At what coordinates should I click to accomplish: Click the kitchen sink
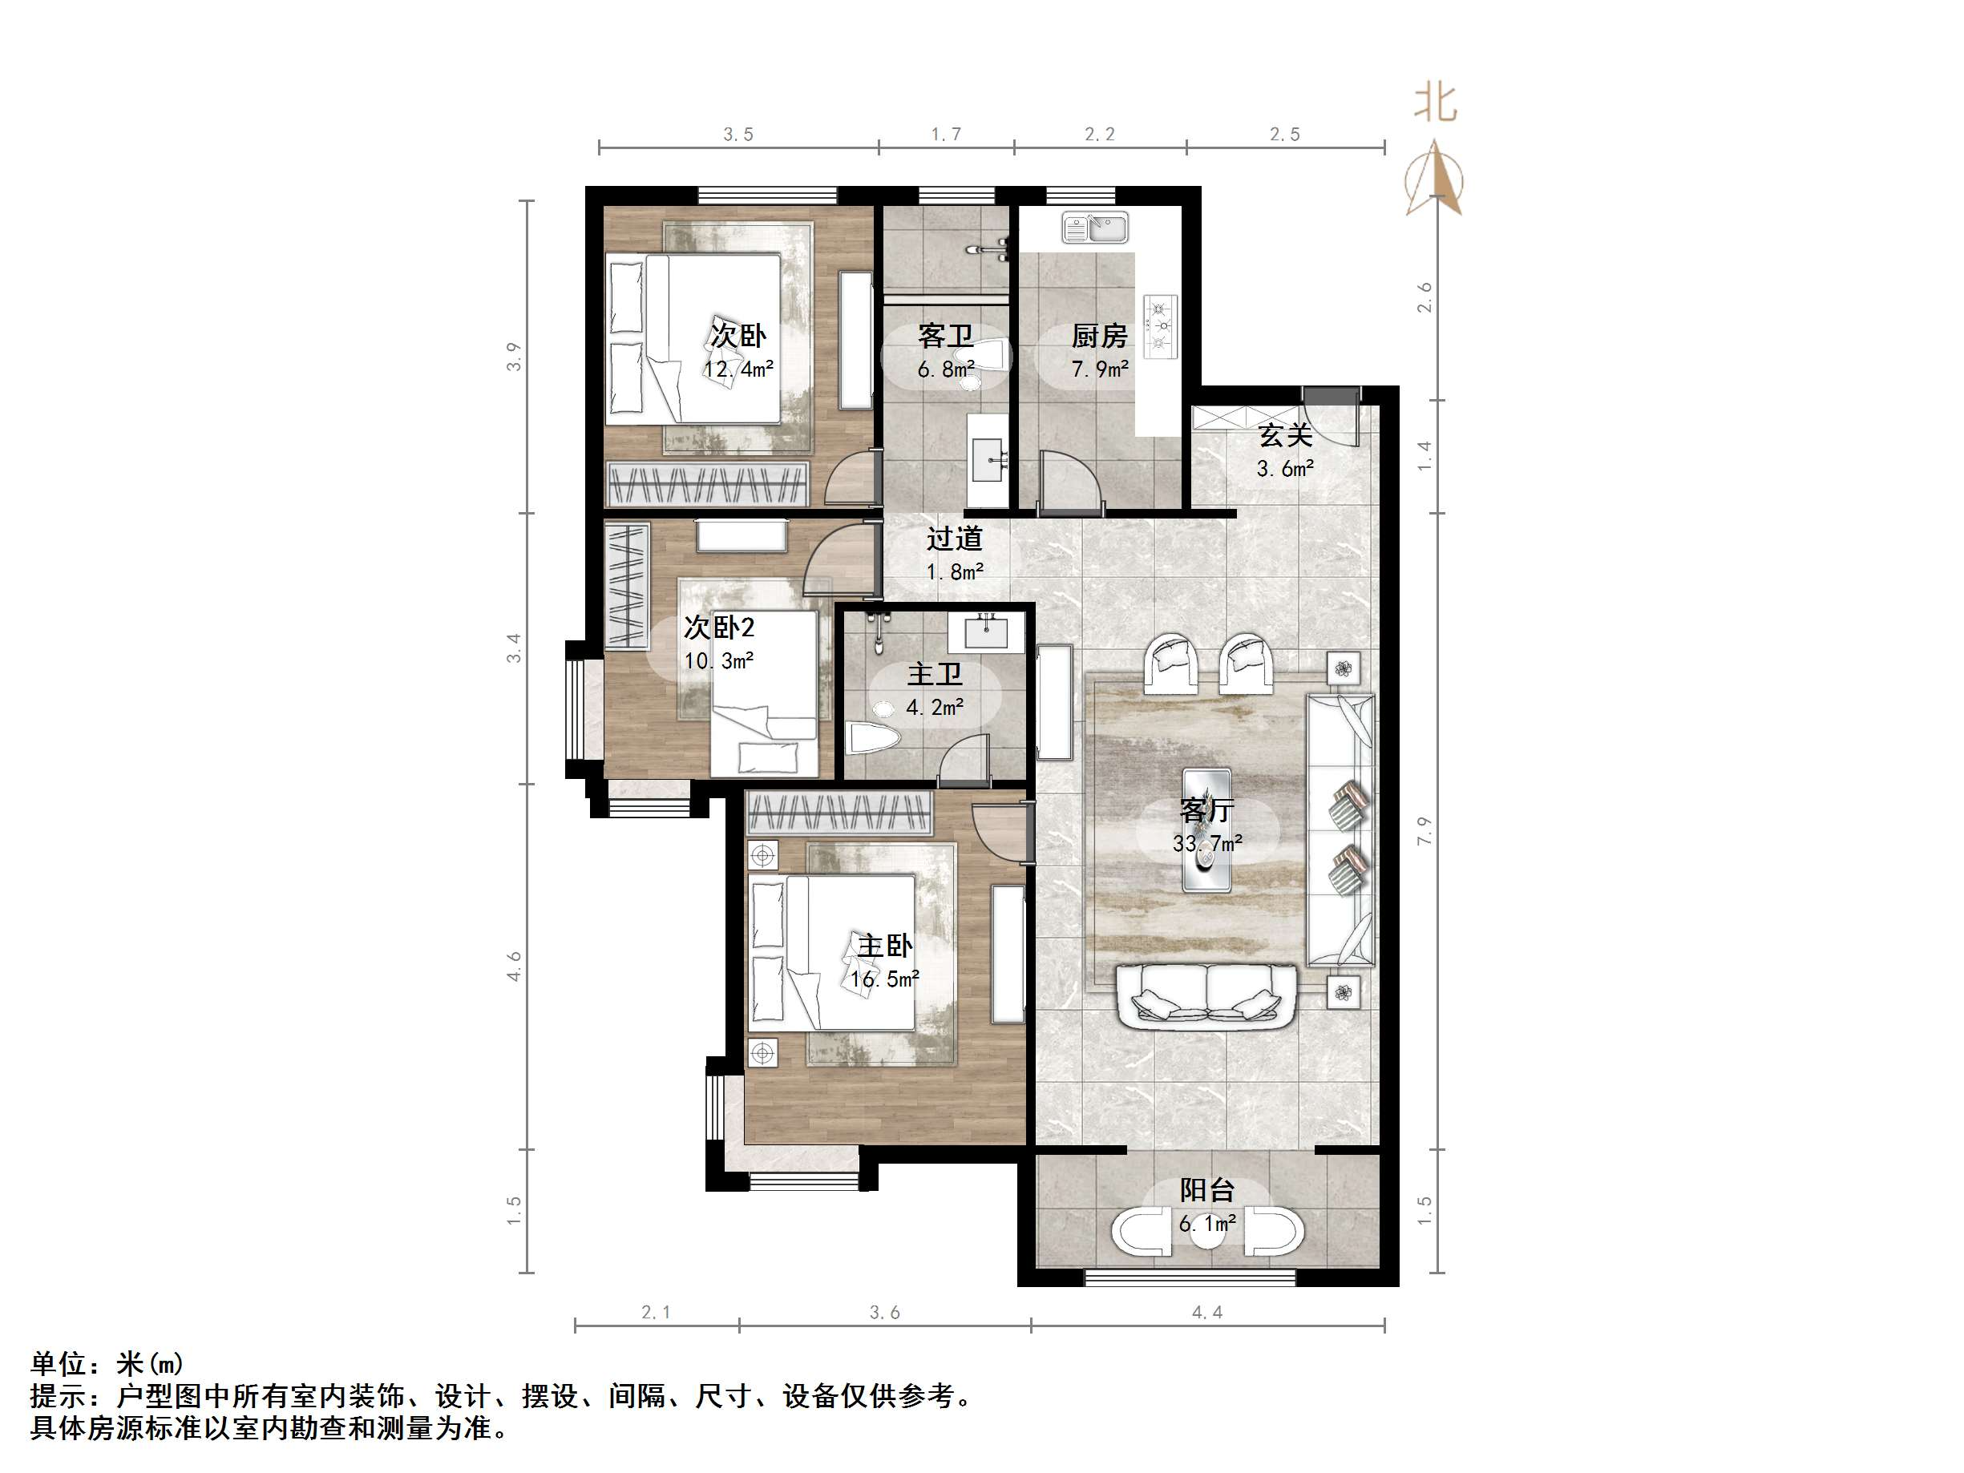pyautogui.click(x=1095, y=228)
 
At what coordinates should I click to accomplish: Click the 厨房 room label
pyautogui.click(x=1099, y=336)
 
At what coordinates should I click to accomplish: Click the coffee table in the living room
pyautogui.click(x=1206, y=829)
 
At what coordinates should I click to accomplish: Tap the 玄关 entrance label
pyautogui.click(x=1286, y=435)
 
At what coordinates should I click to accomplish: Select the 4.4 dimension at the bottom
pyautogui.click(x=1207, y=1312)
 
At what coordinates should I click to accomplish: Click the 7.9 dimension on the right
pyautogui.click(x=1425, y=830)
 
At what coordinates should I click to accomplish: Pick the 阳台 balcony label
pyautogui.click(x=1206, y=1191)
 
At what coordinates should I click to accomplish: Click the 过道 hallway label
pyautogui.click(x=955, y=539)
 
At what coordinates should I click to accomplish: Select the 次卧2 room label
pyautogui.click(x=719, y=628)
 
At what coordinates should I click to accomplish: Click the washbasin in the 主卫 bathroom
pyautogui.click(x=984, y=632)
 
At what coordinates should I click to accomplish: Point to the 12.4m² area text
pyautogui.click(x=739, y=369)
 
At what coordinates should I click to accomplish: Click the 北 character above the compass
pyautogui.click(x=1436, y=102)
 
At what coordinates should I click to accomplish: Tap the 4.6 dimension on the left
pyautogui.click(x=514, y=967)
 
